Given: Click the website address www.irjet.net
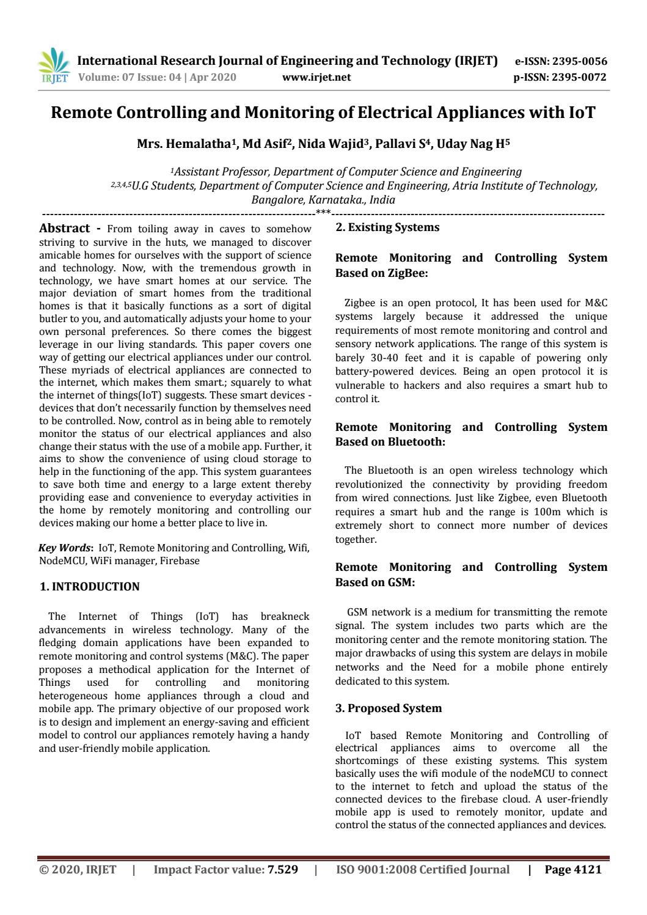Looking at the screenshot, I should point(317,77).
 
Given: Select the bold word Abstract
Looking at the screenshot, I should point(64,228).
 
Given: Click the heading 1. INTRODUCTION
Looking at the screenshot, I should point(89,587).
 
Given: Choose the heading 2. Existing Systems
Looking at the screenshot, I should point(387,227).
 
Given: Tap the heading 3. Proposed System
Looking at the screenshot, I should point(389,708).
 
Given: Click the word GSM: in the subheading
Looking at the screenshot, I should point(401,582).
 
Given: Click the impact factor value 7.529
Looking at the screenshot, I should point(283,870).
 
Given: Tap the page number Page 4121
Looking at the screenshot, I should point(573,870).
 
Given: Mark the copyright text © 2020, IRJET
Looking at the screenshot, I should point(78,870).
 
